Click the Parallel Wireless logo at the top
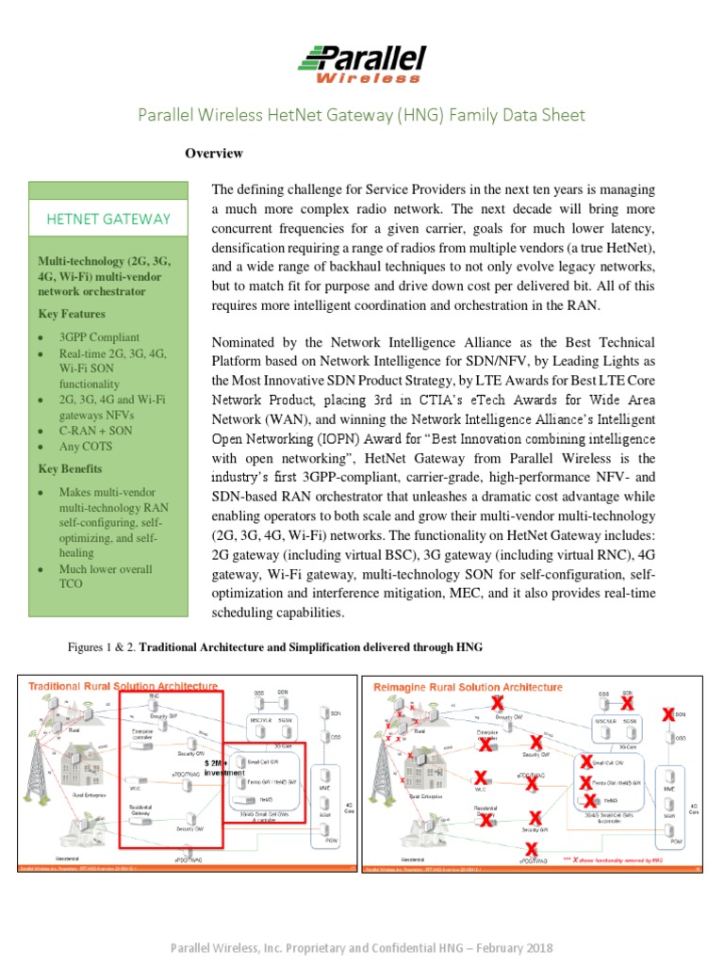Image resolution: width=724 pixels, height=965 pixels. (362, 63)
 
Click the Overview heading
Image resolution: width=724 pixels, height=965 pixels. (213, 153)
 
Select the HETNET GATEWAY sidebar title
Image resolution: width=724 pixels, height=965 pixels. (108, 219)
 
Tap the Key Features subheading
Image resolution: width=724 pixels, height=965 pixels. (72, 314)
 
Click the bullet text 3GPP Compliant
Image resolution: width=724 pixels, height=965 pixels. (99, 336)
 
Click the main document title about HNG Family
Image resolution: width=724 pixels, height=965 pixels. (361, 115)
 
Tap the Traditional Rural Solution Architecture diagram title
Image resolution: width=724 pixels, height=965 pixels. (123, 686)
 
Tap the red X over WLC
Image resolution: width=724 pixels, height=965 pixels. (481, 778)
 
